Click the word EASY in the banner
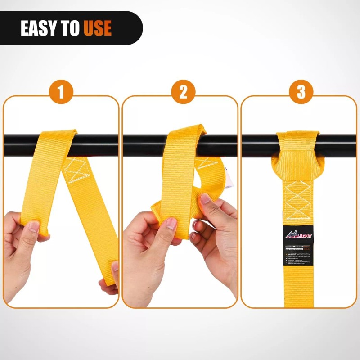tap(40, 28)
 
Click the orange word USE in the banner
tap(97, 28)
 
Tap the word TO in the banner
tap(70, 28)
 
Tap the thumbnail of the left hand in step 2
tap(171, 224)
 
